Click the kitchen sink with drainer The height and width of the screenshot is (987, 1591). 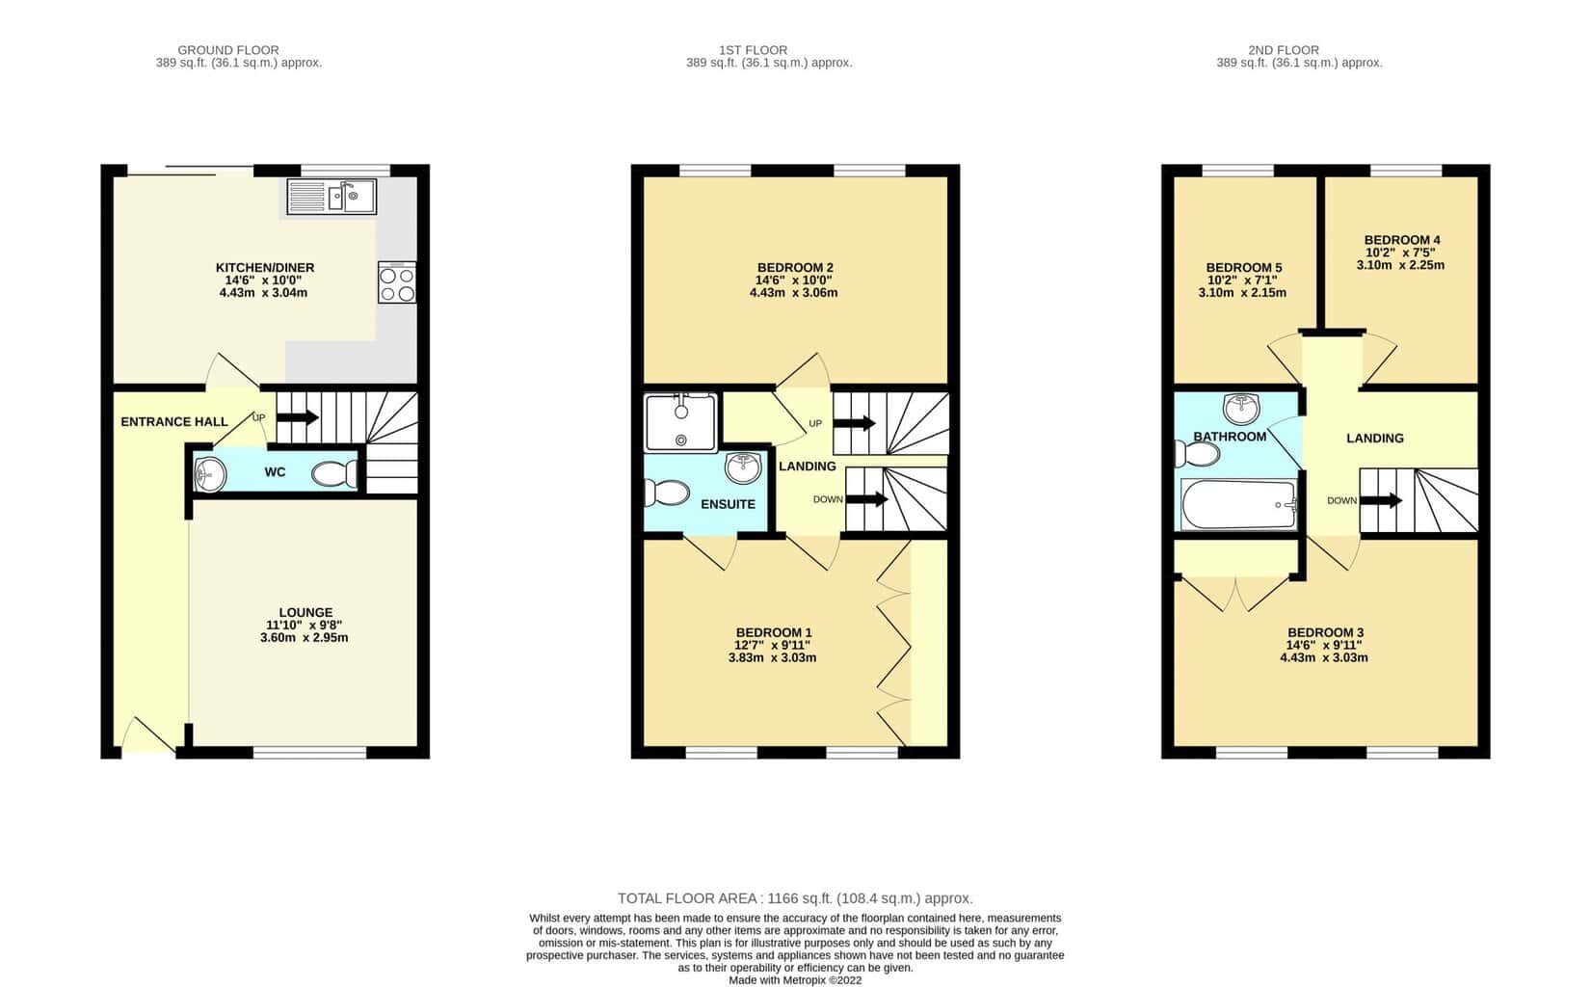[x=331, y=197]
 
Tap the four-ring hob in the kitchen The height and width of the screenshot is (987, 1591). [x=397, y=282]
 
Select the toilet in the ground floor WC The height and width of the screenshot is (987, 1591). [x=335, y=474]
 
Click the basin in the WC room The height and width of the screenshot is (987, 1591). [x=210, y=474]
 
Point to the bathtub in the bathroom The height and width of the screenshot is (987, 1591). [x=1239, y=504]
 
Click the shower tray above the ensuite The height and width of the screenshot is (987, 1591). [x=680, y=423]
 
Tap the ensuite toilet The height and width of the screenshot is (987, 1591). [x=666, y=493]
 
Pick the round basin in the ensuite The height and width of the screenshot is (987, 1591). [x=743, y=467]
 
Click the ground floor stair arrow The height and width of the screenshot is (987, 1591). [x=298, y=417]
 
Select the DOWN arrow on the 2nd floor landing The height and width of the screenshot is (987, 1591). [x=1381, y=500]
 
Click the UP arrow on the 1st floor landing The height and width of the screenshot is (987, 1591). [x=854, y=423]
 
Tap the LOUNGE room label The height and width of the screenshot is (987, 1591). [x=305, y=612]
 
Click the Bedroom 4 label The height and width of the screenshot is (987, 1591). [x=1402, y=240]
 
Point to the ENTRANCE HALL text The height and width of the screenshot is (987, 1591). [x=174, y=422]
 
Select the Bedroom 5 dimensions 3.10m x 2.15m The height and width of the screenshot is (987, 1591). [x=1242, y=293]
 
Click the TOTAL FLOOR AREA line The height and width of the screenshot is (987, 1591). [x=796, y=898]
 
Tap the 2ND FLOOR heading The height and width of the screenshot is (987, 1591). [x=1284, y=50]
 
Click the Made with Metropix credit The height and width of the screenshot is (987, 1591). [x=796, y=980]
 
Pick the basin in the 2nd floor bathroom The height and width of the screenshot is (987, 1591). [x=1241, y=408]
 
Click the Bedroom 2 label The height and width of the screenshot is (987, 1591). [x=795, y=268]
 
